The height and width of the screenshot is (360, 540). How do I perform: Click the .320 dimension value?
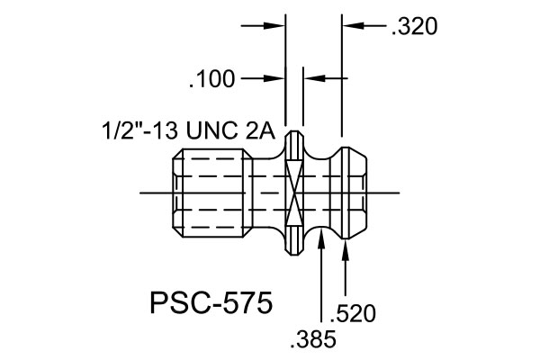414,26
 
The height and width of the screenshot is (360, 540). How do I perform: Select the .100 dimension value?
211,79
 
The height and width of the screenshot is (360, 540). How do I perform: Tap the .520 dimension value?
353,313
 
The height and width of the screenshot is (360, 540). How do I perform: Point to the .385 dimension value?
313,339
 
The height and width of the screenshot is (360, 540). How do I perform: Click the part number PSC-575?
211,302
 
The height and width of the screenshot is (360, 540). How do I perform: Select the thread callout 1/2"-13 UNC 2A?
189,130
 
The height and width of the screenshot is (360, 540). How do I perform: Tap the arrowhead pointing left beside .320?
354,25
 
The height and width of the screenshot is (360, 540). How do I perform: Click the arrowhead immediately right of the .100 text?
274,78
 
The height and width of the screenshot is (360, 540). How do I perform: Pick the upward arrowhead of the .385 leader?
321,238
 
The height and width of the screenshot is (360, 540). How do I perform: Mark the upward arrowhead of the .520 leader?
346,249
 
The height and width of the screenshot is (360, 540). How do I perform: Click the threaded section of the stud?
212,193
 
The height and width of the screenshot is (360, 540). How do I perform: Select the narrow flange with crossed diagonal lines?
294,193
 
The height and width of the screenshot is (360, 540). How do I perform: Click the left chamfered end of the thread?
177,193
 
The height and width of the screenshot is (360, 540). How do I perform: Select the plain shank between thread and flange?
269,193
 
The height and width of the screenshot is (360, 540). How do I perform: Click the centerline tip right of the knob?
400,193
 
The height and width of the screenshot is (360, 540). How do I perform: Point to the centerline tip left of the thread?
139,193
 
